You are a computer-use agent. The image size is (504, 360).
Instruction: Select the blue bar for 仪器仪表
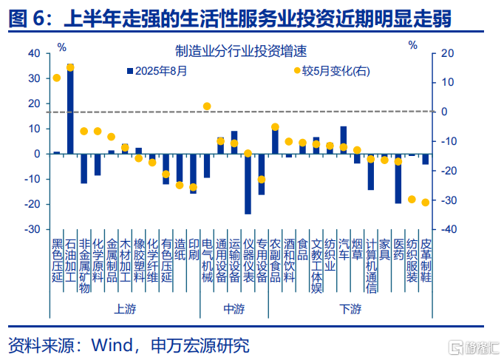pyautogui.click(x=248, y=183)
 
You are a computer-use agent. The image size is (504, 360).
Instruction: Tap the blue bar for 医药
pyautogui.click(x=398, y=178)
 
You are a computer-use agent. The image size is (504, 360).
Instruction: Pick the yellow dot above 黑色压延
pyautogui.click(x=57, y=78)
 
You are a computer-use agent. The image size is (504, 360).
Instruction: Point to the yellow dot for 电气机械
pyautogui.click(x=207, y=106)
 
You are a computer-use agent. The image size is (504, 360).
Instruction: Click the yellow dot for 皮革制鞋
pyautogui.click(x=425, y=203)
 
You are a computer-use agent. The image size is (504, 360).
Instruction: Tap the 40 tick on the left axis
pyautogui.click(x=35, y=54)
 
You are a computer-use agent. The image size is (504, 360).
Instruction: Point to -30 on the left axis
pyautogui.click(x=33, y=229)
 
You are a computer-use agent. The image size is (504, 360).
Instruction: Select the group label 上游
pyautogui.click(x=124, y=308)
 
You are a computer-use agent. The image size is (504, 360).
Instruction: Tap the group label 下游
pyautogui.click(x=350, y=308)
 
